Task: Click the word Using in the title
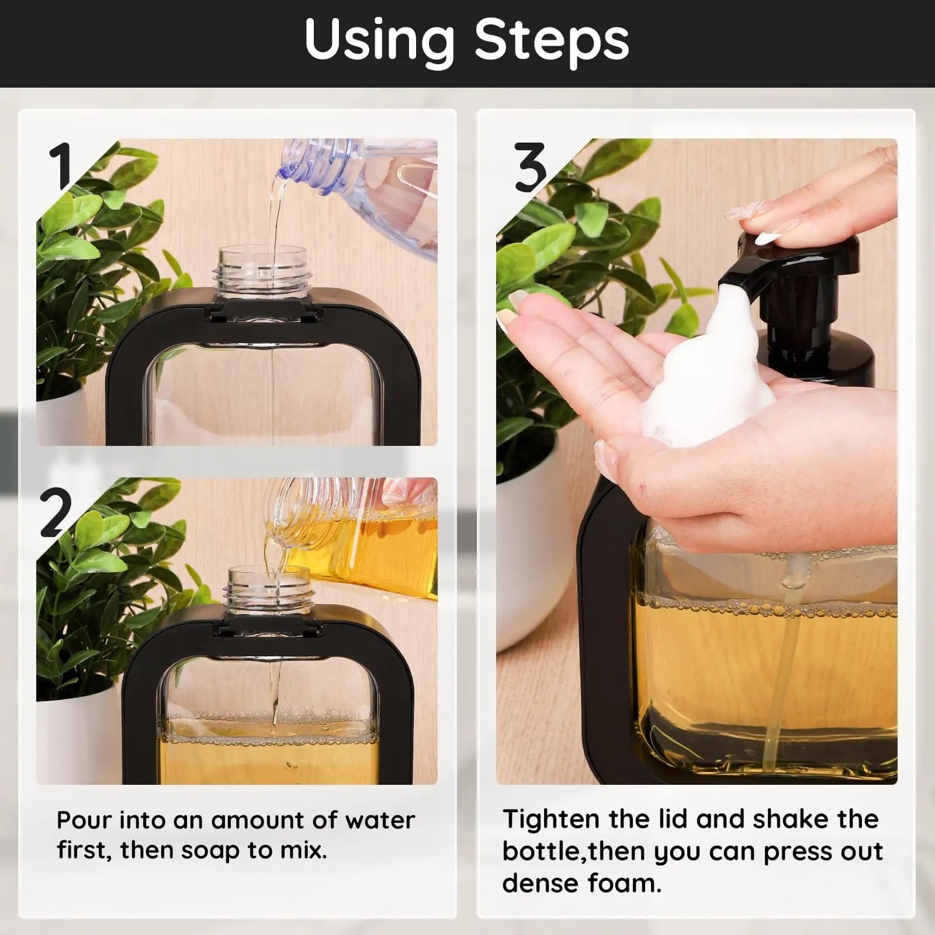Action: point(379,40)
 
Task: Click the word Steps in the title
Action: point(551,40)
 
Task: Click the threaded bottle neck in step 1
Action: point(262,272)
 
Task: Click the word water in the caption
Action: point(380,820)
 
